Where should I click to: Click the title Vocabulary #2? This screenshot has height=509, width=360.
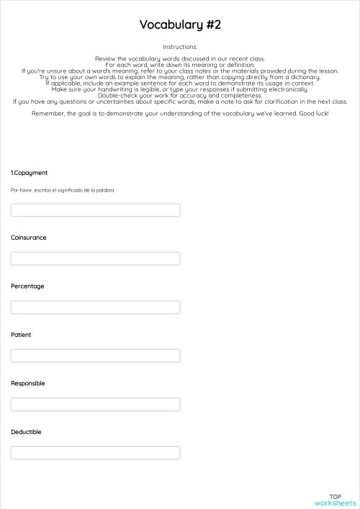180,25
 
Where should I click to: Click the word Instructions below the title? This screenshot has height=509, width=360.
180,47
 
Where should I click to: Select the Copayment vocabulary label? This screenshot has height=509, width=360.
30,173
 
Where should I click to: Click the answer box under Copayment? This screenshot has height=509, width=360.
95,210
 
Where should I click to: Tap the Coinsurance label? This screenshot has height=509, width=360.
29,238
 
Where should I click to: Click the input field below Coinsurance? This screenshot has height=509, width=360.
95,258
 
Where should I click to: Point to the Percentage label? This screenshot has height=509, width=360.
27,287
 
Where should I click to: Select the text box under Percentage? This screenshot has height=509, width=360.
95,307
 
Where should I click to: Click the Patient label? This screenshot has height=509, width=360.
21,335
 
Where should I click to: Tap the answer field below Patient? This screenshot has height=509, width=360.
95,356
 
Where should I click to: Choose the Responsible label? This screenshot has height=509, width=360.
28,384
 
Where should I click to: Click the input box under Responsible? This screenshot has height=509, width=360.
95,405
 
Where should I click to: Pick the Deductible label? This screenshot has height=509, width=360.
26,432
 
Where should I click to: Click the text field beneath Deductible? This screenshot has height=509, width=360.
95,453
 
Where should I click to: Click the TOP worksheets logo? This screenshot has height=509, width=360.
335,500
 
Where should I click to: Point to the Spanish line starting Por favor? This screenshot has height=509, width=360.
63,190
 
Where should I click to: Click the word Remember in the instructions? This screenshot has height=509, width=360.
48,114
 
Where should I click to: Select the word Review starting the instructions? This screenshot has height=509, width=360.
105,58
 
